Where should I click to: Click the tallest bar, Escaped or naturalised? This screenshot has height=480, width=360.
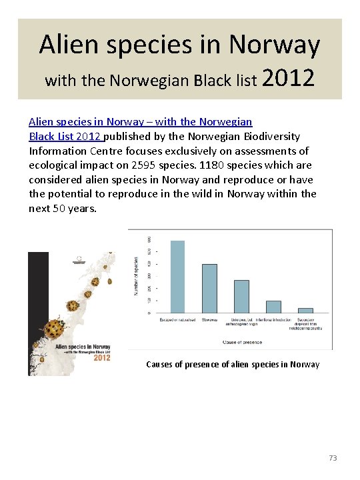coord(178,276)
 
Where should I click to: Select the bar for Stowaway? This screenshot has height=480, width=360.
coord(209,288)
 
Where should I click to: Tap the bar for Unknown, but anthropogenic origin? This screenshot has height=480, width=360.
coord(241,296)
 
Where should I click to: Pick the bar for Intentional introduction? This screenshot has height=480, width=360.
coord(273,307)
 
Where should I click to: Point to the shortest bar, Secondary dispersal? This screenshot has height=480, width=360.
coord(305,310)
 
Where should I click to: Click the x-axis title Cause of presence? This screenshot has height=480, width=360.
coord(241,342)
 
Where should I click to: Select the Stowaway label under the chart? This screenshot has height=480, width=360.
coord(209,321)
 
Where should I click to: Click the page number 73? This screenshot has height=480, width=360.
coord(333,458)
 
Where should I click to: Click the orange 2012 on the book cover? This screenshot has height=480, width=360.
coord(102,358)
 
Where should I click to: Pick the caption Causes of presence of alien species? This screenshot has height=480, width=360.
coord(232,364)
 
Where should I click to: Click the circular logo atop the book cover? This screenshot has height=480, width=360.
coord(81,257)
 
